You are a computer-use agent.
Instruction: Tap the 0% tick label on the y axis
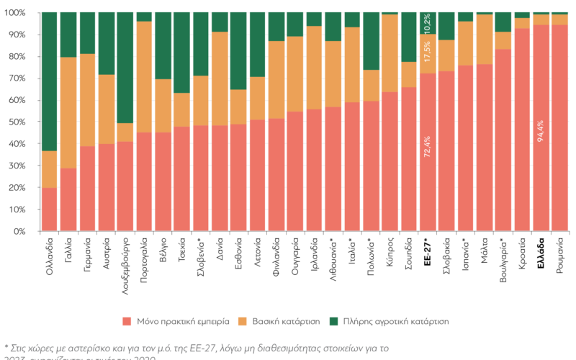pos(19,232)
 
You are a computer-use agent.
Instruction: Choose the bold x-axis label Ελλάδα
pos(540,253)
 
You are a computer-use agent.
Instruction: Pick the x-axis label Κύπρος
pos(389,252)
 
